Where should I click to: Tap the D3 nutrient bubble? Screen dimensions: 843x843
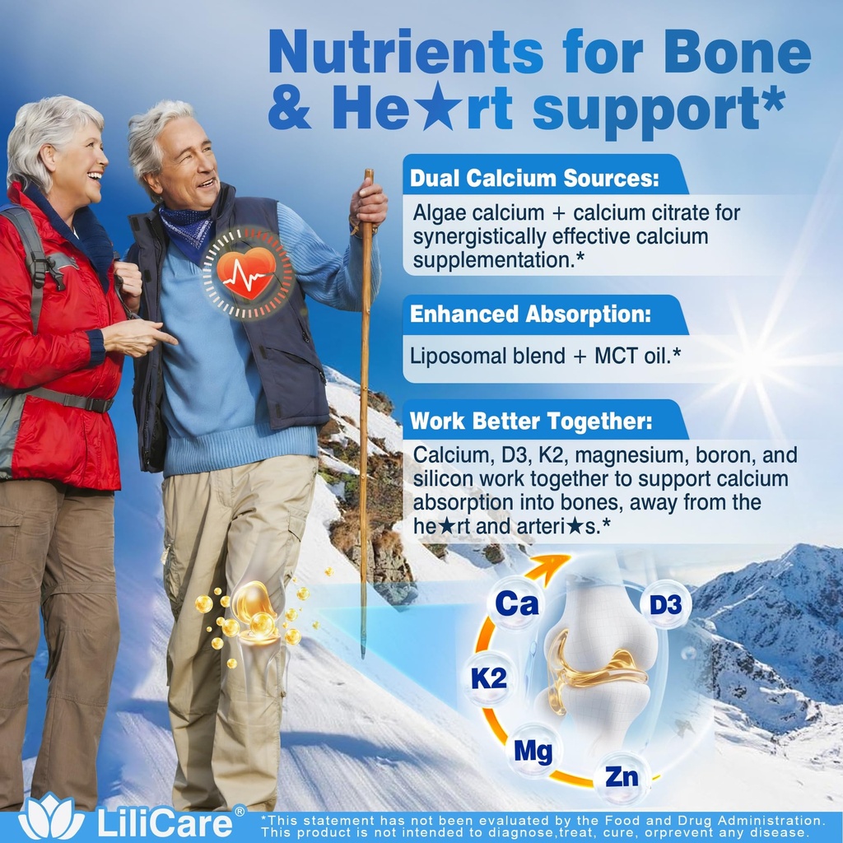click(x=665, y=605)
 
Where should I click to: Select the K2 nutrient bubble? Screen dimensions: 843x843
click(x=489, y=678)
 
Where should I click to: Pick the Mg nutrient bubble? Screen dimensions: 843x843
click(x=533, y=750)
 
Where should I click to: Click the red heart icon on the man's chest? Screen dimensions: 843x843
click(x=248, y=272)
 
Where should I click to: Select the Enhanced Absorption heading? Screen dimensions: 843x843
click(x=531, y=314)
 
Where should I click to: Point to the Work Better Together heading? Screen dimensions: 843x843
click(x=531, y=421)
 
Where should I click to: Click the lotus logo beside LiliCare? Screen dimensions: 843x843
click(x=51, y=819)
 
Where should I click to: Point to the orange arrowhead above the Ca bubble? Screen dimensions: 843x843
click(x=553, y=564)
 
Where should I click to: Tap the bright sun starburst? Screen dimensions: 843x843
click(x=751, y=361)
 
